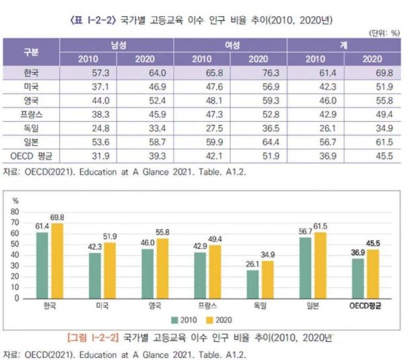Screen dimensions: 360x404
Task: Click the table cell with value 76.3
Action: click(258, 72)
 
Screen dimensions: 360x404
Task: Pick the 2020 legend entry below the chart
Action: click(220, 320)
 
